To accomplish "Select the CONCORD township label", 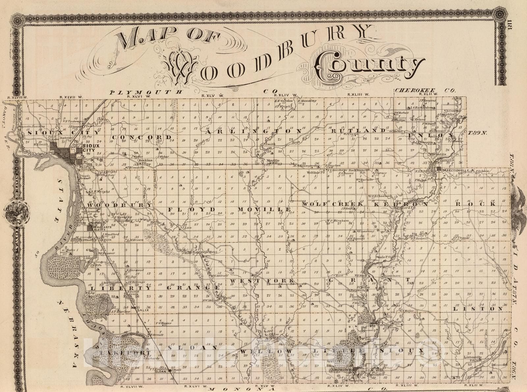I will point(142,137).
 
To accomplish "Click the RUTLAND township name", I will point(357,131).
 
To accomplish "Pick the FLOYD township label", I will point(192,210).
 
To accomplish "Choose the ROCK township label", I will point(476,204).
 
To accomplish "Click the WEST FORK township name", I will point(262,281).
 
